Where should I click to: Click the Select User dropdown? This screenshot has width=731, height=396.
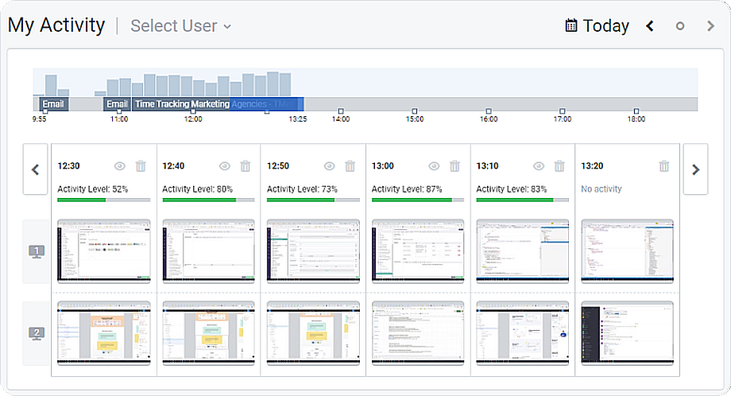(x=180, y=26)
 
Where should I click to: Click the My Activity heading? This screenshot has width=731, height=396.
(x=56, y=25)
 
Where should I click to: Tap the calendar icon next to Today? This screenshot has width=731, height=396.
(x=570, y=26)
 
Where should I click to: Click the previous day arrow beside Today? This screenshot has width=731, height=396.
(x=650, y=26)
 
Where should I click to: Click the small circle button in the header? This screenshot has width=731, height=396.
(x=680, y=26)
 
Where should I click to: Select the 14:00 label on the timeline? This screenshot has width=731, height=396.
(x=340, y=119)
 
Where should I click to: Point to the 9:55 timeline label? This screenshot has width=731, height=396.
(x=39, y=119)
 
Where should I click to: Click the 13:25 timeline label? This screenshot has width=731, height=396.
(x=297, y=119)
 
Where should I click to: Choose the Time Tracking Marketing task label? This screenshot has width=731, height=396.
(x=182, y=104)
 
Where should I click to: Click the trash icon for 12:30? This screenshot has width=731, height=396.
(x=141, y=166)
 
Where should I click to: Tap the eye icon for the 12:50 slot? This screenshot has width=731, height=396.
(x=329, y=166)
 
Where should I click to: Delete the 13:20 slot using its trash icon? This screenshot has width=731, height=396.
(x=664, y=166)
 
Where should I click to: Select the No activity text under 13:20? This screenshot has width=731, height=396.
(x=601, y=189)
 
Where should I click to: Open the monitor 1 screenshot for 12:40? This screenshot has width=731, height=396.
(x=209, y=251)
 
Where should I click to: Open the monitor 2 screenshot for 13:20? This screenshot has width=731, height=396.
(x=628, y=332)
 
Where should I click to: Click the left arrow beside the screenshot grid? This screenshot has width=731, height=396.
(x=35, y=169)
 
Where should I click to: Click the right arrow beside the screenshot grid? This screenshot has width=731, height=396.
(x=696, y=169)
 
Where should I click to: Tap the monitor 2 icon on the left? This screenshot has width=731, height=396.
(x=37, y=333)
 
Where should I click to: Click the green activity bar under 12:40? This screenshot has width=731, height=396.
(x=199, y=200)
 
